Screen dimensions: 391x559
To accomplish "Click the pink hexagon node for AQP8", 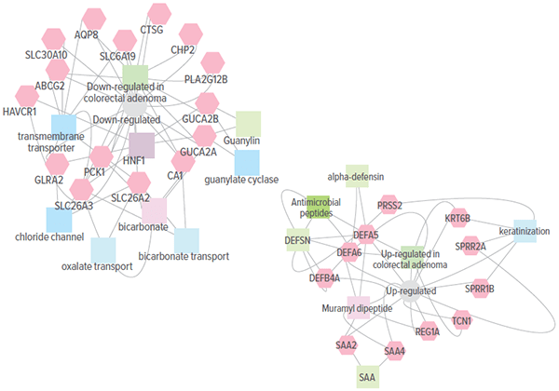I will [93, 19].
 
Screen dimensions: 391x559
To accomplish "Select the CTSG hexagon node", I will [158, 14].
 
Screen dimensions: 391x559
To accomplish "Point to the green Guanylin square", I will [248, 123].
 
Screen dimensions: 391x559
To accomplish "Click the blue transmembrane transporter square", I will [63, 127].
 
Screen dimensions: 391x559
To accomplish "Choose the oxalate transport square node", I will [103, 249].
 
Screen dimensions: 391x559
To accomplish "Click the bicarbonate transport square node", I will [187, 240].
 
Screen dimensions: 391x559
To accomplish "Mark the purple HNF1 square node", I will [142, 145].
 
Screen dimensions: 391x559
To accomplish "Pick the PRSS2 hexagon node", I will [390, 206].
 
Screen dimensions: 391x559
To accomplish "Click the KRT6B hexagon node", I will [457, 218].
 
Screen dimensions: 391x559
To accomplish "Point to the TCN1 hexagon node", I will [461, 321].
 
